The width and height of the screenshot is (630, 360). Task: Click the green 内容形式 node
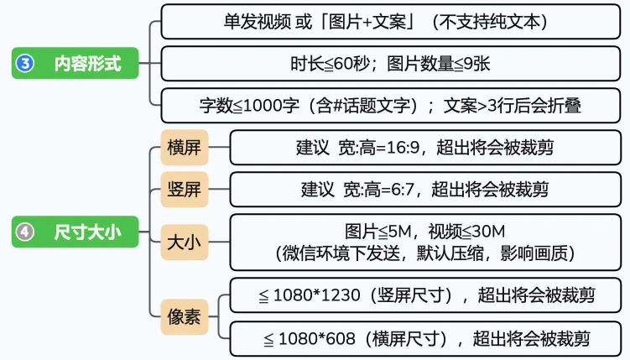[x=75, y=64]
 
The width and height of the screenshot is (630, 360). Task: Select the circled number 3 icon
[x=25, y=64]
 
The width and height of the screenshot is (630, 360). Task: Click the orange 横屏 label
[x=183, y=148]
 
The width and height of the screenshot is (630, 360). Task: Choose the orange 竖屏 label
[x=183, y=190]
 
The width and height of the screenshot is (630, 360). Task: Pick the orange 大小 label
[x=183, y=244]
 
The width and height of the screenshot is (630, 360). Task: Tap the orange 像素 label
[x=183, y=317]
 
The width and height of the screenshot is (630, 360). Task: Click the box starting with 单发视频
[x=390, y=21]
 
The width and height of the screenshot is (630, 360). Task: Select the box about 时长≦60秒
[x=390, y=63]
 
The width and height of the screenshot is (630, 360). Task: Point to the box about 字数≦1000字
[x=390, y=106]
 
